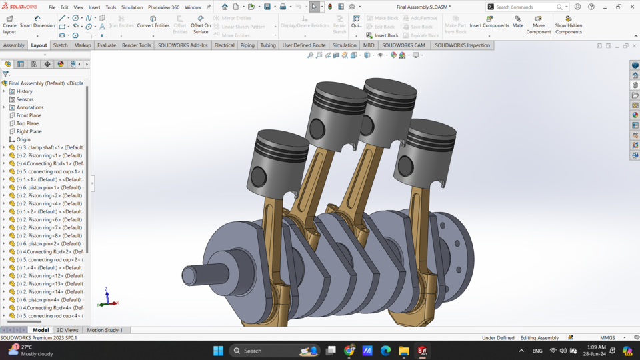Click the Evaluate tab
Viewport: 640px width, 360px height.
(x=106, y=45)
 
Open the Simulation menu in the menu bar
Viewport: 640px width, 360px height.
(x=131, y=7)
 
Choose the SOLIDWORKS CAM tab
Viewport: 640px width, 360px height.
(x=403, y=45)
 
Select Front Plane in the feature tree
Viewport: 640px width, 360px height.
(x=29, y=115)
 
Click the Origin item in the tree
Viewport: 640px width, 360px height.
(x=23, y=139)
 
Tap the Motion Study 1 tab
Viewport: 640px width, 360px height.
(x=104, y=330)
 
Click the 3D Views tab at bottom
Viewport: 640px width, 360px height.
(x=67, y=330)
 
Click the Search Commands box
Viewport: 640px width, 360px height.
(x=527, y=7)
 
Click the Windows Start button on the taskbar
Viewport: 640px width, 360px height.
(x=218, y=351)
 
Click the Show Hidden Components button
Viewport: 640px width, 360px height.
(x=568, y=25)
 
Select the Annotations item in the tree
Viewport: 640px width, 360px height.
(x=30, y=107)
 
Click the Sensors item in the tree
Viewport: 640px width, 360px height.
(x=25, y=99)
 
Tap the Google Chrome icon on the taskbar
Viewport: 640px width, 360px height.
(x=349, y=351)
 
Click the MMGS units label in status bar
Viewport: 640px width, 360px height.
(x=607, y=338)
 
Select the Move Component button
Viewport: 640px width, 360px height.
(x=538, y=25)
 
